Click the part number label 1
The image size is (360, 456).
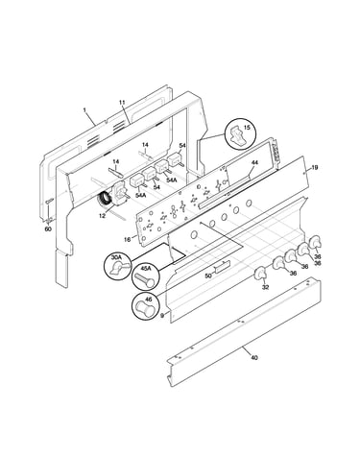(x=84, y=110)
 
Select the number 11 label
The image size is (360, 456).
(x=122, y=103)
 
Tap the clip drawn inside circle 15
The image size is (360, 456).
(x=237, y=134)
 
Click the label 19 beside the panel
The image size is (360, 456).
(x=315, y=167)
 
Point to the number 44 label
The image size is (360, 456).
(x=254, y=162)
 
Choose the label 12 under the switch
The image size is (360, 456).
(x=102, y=216)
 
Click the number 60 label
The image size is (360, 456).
(x=48, y=228)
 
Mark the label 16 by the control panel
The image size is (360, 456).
(x=127, y=239)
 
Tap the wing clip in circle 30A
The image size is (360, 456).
(x=119, y=267)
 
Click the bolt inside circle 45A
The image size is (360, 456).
(x=145, y=279)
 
